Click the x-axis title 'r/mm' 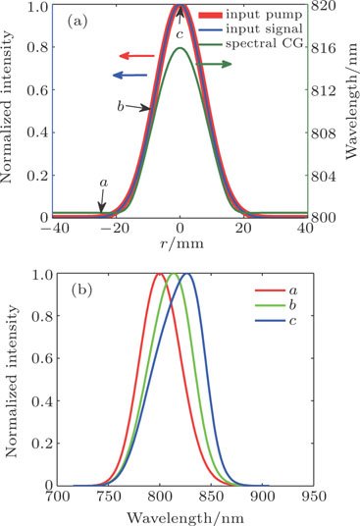[180, 247]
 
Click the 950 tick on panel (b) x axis [308, 499]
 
